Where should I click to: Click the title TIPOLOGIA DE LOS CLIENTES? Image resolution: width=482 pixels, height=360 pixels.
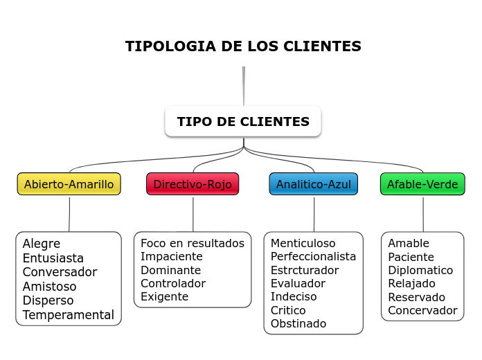click(x=243, y=46)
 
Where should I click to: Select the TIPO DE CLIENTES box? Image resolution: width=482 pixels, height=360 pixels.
click(x=243, y=122)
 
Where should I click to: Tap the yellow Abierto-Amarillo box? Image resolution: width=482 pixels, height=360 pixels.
click(x=69, y=184)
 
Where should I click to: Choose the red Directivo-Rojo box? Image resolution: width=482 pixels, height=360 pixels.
click(x=193, y=184)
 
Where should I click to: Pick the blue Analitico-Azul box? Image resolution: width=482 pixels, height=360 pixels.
click(x=313, y=184)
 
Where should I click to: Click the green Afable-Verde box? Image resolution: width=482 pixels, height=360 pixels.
click(x=422, y=184)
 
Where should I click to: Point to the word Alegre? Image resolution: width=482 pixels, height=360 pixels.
click(x=42, y=244)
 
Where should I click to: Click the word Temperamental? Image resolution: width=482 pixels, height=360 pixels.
click(x=68, y=315)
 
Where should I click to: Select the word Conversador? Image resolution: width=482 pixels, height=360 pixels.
click(x=60, y=272)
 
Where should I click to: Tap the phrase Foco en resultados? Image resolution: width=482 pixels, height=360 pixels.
click(x=193, y=243)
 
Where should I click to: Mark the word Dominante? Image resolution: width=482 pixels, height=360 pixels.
click(x=170, y=270)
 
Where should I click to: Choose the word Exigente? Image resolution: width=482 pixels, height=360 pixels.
click(x=164, y=296)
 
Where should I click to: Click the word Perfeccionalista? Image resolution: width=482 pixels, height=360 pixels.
click(x=313, y=256)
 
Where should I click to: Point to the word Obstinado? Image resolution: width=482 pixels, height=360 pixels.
click(x=298, y=323)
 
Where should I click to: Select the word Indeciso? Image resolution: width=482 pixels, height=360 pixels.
click(x=294, y=296)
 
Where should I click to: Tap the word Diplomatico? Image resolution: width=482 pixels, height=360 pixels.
click(x=420, y=270)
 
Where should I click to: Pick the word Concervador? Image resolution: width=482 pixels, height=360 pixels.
click(x=422, y=310)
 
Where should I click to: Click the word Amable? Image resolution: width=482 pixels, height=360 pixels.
click(x=409, y=243)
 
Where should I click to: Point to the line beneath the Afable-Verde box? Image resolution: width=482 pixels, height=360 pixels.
click(x=423, y=214)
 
